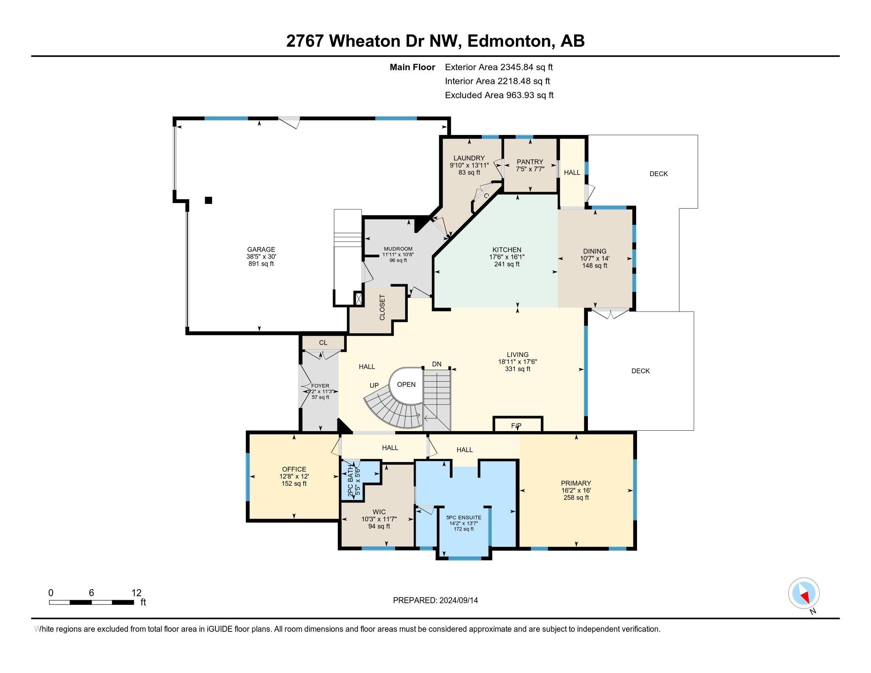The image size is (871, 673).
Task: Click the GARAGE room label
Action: [x=261, y=249]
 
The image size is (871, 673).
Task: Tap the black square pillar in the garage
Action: [x=208, y=200]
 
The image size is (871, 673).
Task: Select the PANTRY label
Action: [x=530, y=162]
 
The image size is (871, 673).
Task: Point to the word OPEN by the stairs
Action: [x=406, y=384]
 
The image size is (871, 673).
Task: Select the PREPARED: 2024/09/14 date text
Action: [x=435, y=601]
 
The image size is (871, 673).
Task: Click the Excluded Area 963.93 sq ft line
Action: [x=499, y=95]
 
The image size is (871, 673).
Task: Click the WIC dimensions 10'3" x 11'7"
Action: [x=379, y=519]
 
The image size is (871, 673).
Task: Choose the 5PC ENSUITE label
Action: [x=464, y=517]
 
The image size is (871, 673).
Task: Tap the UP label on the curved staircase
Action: [x=374, y=386]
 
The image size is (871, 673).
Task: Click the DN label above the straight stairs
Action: [x=437, y=364]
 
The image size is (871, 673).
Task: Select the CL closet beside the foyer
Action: [x=323, y=342]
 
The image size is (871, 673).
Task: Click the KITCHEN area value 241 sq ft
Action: [x=506, y=264]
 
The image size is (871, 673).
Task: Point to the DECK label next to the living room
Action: [x=641, y=371]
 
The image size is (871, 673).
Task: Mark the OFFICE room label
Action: [x=294, y=469]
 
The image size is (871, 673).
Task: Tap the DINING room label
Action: [x=595, y=251]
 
